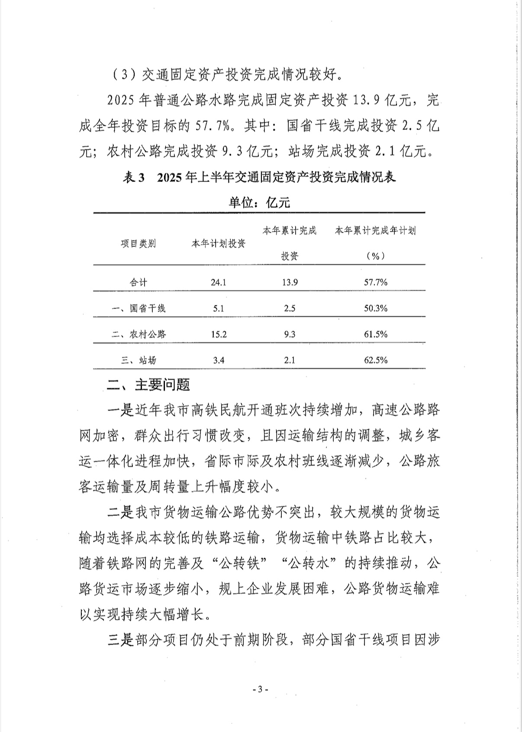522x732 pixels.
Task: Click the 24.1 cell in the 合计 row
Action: [x=219, y=282]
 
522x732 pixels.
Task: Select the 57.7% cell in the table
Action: [x=375, y=282]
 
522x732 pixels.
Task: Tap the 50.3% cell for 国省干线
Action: [x=375, y=308]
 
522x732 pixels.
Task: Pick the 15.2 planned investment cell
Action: [x=219, y=334]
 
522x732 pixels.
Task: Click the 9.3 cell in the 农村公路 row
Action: [x=289, y=334]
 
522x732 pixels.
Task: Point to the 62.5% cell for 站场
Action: [x=375, y=360]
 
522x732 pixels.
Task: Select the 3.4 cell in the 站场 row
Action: [x=219, y=360]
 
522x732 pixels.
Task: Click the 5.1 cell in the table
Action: [x=219, y=308]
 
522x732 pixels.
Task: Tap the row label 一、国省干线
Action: [x=139, y=308]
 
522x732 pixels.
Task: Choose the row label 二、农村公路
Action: [x=139, y=334]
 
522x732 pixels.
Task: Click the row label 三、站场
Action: [x=139, y=360]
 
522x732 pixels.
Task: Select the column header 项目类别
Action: [x=139, y=243]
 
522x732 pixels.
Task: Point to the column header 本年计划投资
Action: [x=219, y=243]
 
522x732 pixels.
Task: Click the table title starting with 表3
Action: [x=260, y=178]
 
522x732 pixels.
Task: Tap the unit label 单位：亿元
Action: [x=260, y=202]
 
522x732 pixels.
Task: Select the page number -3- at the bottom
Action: [x=261, y=690]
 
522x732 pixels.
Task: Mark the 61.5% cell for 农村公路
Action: [x=375, y=334]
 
